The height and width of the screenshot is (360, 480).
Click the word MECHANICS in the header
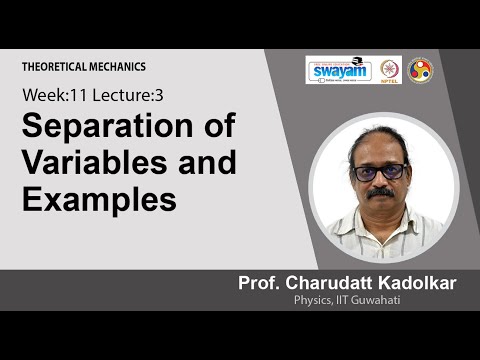point(118,66)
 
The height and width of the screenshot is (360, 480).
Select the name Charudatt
point(329,283)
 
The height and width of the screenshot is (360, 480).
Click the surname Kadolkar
point(415,283)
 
